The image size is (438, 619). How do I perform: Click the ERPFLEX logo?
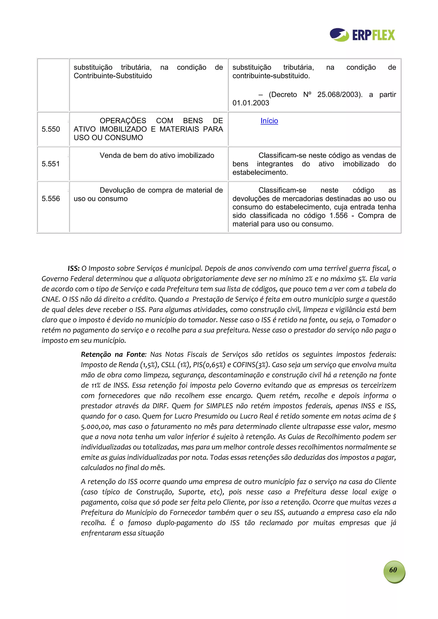362,35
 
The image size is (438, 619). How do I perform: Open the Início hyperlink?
269,121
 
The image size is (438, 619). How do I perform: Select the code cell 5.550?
51,129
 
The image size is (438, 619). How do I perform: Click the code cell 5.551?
51,164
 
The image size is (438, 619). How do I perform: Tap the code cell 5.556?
51,199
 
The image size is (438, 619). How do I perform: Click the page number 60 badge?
394,570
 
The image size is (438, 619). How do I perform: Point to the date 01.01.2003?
251,103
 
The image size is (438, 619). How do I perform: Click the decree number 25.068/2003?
339,95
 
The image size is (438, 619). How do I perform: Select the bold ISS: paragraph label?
73,269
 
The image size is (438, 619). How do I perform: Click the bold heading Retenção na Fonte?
113,354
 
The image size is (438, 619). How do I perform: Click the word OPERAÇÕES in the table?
123,121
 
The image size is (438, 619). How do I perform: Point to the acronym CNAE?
50,300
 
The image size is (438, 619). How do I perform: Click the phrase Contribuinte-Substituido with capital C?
113,76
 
